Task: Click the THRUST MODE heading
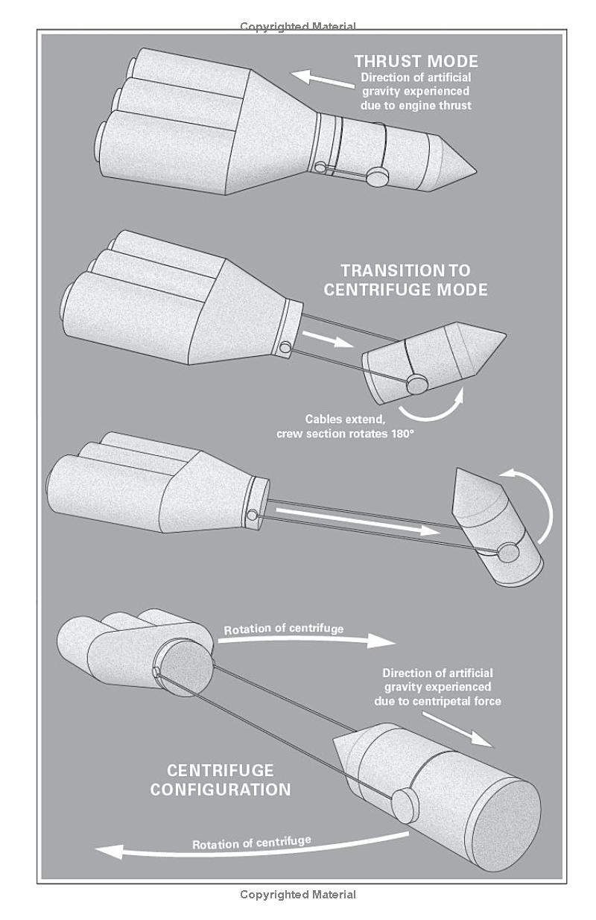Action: (416, 62)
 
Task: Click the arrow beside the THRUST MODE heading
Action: (322, 79)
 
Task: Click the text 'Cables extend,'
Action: (345, 419)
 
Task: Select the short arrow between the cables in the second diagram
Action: (328, 339)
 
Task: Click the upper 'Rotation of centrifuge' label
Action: (283, 629)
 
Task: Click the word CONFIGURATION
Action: (221, 790)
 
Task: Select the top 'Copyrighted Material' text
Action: (298, 27)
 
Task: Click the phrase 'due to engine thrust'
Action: (416, 106)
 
